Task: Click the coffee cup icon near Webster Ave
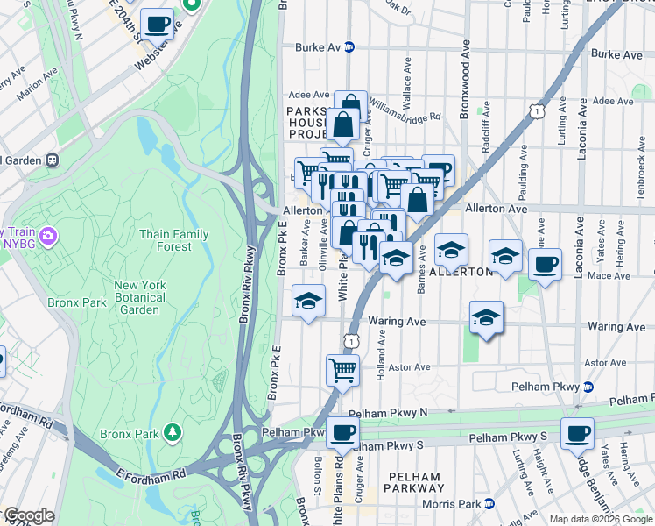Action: (x=157, y=25)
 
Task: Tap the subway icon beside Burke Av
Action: (x=349, y=47)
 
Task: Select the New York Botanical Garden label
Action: (x=139, y=297)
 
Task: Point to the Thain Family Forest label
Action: (x=173, y=240)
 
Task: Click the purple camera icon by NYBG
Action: (x=48, y=236)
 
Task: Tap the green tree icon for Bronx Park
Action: (x=173, y=432)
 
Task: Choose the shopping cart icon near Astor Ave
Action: (x=342, y=369)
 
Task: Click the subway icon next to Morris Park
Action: (x=489, y=503)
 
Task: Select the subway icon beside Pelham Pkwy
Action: (x=588, y=387)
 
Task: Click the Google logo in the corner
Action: (x=29, y=515)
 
